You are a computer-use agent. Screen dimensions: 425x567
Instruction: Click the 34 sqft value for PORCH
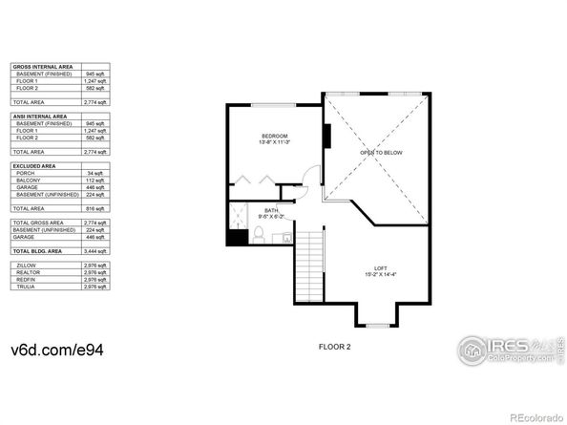pyautogui.click(x=94, y=173)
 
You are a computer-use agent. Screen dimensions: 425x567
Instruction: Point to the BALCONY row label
pyautogui.click(x=28, y=181)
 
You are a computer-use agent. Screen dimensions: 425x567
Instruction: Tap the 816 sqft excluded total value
pyautogui.click(x=94, y=207)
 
